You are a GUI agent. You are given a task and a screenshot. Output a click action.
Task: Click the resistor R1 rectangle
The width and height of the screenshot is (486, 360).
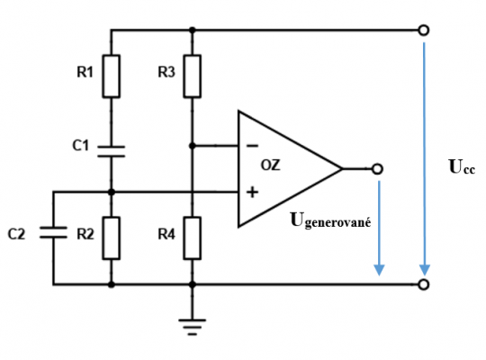click(112, 76)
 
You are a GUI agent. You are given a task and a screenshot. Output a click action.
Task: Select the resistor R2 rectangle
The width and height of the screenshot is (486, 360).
click(112, 238)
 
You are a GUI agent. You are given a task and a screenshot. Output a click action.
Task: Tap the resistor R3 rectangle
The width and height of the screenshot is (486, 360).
click(193, 76)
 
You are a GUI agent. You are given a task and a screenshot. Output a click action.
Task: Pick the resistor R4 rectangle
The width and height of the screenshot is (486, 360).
click(193, 238)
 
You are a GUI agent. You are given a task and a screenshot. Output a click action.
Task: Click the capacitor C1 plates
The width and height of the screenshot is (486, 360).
click(112, 151)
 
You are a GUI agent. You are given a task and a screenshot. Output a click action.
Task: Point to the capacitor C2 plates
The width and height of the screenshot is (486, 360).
click(53, 232)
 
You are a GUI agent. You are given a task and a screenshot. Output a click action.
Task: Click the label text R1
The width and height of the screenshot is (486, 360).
click(85, 72)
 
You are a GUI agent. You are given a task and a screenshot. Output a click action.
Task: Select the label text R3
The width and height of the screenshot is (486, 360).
click(166, 72)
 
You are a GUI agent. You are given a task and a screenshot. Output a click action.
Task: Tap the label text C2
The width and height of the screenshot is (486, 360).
click(16, 234)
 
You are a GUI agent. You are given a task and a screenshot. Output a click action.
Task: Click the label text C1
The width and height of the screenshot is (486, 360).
click(81, 146)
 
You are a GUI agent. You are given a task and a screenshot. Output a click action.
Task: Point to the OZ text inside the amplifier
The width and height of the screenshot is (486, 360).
click(271, 166)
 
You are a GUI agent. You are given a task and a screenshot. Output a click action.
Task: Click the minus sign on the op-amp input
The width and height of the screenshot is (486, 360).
click(252, 146)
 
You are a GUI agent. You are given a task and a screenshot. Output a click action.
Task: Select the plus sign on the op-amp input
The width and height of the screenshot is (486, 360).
click(252, 193)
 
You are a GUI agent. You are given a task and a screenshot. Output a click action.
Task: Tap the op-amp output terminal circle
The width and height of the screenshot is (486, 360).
click(377, 169)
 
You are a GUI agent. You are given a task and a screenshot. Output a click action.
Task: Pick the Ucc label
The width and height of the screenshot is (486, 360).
click(462, 166)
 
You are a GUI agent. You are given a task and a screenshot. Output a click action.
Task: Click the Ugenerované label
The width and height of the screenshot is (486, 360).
click(330, 220)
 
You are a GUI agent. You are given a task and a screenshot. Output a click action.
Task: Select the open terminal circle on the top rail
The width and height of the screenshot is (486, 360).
click(424, 31)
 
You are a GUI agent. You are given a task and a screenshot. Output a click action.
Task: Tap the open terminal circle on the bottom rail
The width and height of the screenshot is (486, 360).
click(424, 284)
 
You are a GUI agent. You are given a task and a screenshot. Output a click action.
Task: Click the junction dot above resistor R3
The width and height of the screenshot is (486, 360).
click(193, 30)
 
